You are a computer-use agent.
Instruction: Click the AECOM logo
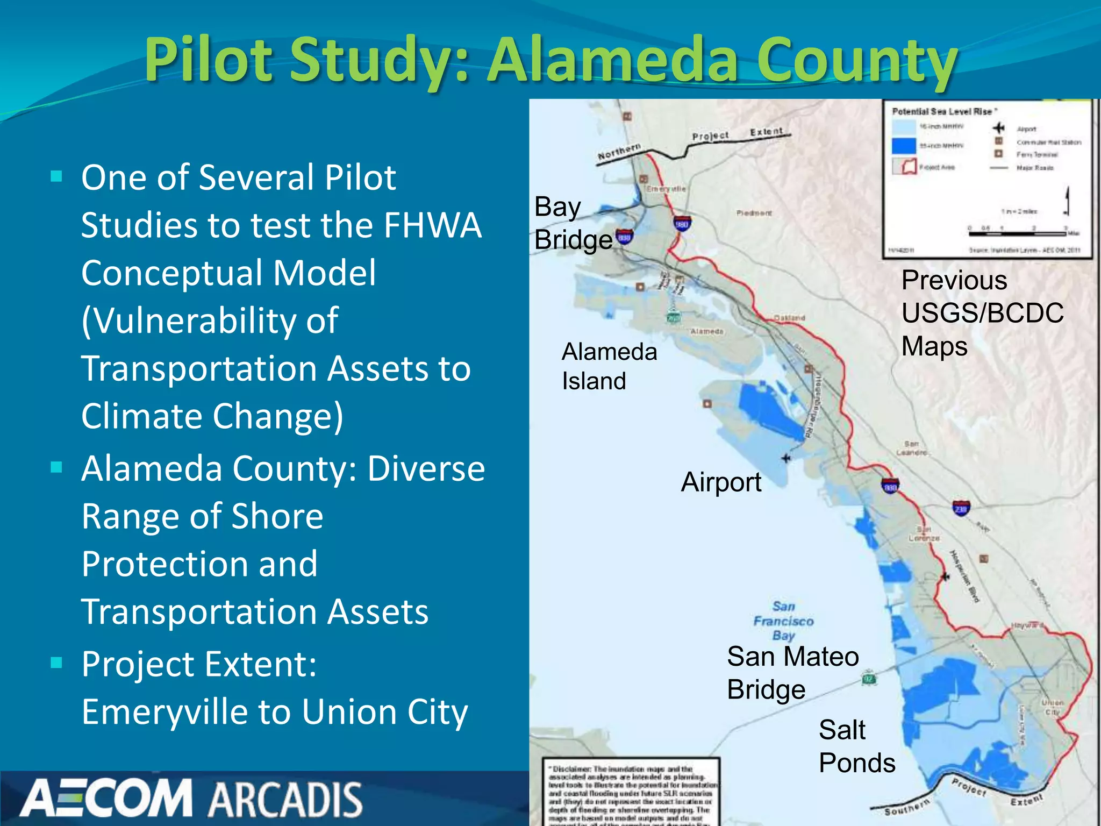106,798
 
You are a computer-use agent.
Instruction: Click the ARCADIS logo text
285,800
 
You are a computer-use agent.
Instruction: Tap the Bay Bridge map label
573,223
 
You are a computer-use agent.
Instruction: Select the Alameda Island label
609,366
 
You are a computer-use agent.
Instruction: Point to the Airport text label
720,482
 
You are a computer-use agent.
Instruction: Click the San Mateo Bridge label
792,673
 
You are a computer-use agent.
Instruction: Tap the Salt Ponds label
856,746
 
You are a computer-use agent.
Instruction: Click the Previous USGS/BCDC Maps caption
982,313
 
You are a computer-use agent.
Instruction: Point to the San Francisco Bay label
783,621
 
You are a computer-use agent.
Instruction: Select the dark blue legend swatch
903,146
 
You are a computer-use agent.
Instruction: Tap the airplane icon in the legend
998,128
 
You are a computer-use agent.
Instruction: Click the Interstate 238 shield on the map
961,508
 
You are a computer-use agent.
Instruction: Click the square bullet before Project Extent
56,663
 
